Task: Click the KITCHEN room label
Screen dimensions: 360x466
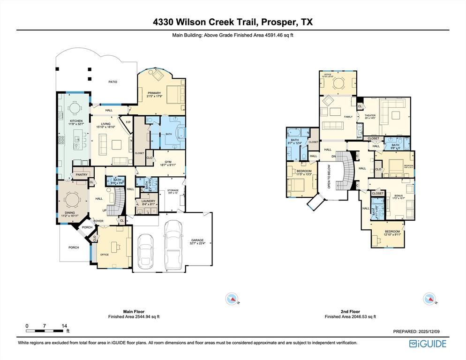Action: click(x=76, y=121)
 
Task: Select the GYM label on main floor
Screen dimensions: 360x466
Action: click(x=169, y=161)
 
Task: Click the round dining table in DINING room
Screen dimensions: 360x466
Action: click(x=73, y=200)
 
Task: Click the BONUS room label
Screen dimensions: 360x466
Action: click(x=398, y=195)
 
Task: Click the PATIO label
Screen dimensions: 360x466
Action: click(x=113, y=82)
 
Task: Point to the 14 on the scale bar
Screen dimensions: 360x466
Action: click(x=64, y=325)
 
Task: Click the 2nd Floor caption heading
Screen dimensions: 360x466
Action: click(x=350, y=312)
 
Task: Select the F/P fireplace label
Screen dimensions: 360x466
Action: click(x=128, y=123)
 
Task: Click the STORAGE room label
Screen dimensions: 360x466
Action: click(x=173, y=190)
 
